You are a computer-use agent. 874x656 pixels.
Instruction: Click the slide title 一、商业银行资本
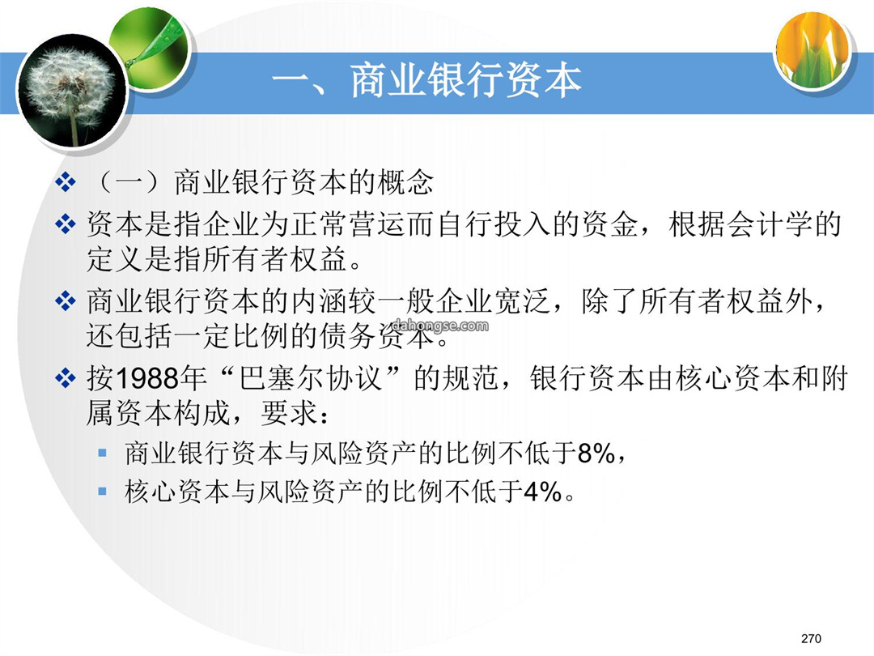pyautogui.click(x=426, y=81)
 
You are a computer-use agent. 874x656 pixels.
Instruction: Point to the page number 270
pyautogui.click(x=811, y=638)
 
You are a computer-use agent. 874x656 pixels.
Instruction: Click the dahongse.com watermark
pyautogui.click(x=440, y=326)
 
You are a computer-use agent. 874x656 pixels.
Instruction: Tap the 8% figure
pyautogui.click(x=596, y=453)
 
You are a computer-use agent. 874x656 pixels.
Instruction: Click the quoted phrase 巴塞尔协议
pyautogui.click(x=312, y=378)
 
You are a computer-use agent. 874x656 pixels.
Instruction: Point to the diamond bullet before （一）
pyautogui.click(x=66, y=182)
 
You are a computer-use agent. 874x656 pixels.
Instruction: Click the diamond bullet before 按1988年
pyautogui.click(x=66, y=378)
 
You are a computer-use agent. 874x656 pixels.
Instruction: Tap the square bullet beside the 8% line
pyautogui.click(x=102, y=453)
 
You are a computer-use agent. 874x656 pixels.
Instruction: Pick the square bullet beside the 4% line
pyautogui.click(x=102, y=492)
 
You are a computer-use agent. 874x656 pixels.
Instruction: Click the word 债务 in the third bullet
pyautogui.click(x=347, y=336)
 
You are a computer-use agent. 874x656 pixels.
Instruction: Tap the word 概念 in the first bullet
pyautogui.click(x=405, y=182)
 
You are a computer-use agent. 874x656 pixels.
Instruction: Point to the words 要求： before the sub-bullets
pyautogui.click(x=295, y=413)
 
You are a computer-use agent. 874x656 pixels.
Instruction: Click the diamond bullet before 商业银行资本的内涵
pyautogui.click(x=66, y=301)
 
